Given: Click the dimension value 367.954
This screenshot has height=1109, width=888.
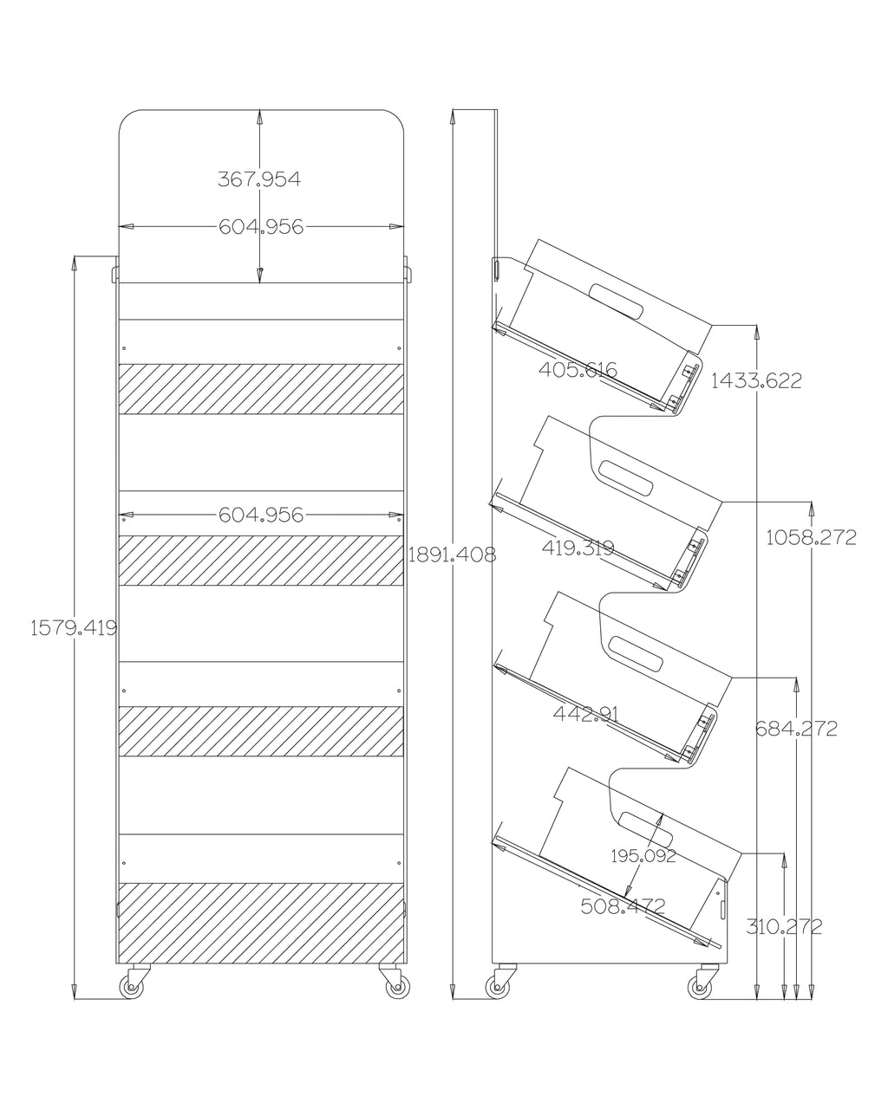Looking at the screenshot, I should pyautogui.click(x=259, y=179).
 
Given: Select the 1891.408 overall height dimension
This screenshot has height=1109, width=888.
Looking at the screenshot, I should pyautogui.click(x=452, y=555).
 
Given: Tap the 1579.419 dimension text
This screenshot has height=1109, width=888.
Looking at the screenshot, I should pyautogui.click(x=74, y=628).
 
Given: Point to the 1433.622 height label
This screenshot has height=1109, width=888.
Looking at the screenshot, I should pyautogui.click(x=756, y=379).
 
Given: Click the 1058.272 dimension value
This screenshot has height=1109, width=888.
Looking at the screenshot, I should pyautogui.click(x=811, y=537).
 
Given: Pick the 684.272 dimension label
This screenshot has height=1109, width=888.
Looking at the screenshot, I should pyautogui.click(x=795, y=729).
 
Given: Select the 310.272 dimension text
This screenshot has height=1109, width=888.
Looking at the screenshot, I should pyautogui.click(x=784, y=926).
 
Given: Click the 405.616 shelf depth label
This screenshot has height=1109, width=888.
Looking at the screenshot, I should pyautogui.click(x=578, y=370).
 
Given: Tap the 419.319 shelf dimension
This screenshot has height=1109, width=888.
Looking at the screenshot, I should pyautogui.click(x=578, y=548).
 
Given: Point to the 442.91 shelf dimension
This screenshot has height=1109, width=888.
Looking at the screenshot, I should pyautogui.click(x=585, y=714).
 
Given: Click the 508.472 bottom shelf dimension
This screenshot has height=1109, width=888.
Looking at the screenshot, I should pyautogui.click(x=622, y=906).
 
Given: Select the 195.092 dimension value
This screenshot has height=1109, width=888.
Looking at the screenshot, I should pyautogui.click(x=643, y=856).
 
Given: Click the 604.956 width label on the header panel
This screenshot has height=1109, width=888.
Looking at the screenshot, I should pyautogui.click(x=261, y=227).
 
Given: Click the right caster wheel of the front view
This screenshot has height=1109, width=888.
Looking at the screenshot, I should pyautogui.click(x=395, y=986).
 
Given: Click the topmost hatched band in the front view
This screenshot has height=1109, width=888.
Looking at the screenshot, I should pyautogui.click(x=261, y=388).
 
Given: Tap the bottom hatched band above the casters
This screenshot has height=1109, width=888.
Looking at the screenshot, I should pyautogui.click(x=261, y=923).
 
